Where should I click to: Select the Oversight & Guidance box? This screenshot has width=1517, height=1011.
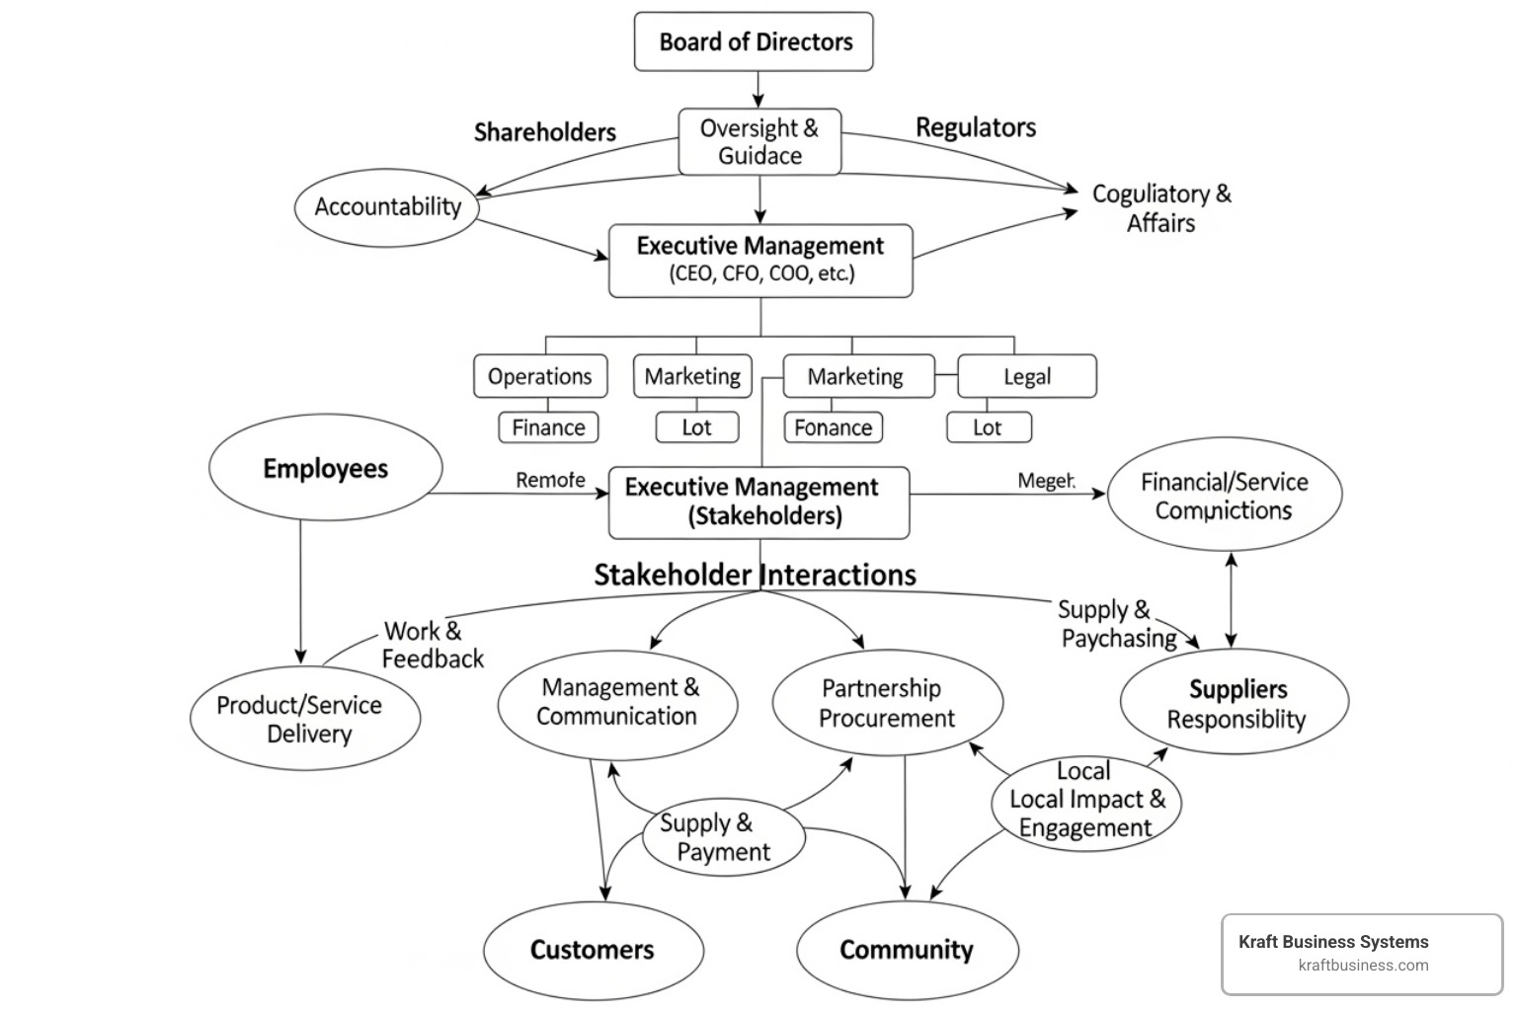[x=759, y=142]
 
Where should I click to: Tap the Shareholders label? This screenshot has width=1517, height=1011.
[x=544, y=132]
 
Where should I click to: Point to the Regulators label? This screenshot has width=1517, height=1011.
[x=976, y=127]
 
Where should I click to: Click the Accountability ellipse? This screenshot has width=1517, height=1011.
[x=387, y=206]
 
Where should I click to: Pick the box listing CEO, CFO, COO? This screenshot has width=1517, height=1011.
[x=760, y=261]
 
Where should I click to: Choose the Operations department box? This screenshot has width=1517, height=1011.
[x=539, y=376]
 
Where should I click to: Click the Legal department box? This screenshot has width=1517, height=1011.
[x=1027, y=376]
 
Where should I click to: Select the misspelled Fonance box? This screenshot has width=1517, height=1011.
[x=833, y=428]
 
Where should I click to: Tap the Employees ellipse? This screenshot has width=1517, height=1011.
[x=325, y=469]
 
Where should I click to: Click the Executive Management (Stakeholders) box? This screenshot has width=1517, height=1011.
[x=758, y=502]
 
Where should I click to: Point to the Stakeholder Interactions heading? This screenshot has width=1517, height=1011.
[x=755, y=575]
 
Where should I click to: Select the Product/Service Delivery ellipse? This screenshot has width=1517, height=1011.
[x=304, y=719]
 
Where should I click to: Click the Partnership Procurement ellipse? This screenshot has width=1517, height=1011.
[x=886, y=703]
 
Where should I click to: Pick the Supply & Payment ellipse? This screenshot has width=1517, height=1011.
[x=723, y=837]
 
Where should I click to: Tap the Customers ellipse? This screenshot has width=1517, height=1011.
[x=593, y=950]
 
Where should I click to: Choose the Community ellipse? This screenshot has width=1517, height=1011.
[x=907, y=950]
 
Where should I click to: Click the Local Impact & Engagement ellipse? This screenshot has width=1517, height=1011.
[x=1085, y=800]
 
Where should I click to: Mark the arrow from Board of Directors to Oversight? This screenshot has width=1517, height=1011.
[x=758, y=89]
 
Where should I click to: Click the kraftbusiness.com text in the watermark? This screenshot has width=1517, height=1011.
[x=1363, y=966]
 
